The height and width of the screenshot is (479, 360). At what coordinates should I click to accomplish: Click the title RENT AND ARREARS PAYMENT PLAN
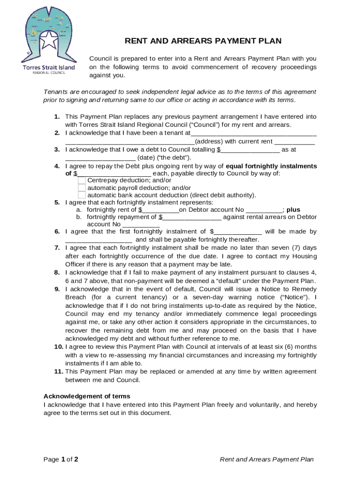(203, 41)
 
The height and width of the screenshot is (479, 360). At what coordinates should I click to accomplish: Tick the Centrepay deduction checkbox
(82, 181)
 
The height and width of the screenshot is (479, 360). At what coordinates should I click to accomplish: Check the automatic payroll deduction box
(82, 188)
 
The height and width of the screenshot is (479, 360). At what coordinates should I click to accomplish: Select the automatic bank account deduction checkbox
(82, 196)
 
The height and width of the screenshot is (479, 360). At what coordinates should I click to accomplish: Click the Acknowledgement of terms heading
(87, 396)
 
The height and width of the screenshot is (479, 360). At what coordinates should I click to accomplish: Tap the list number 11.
(58, 371)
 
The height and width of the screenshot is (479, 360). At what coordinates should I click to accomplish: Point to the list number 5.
(57, 203)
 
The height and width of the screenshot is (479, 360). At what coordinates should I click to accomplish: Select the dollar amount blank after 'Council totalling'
(250, 150)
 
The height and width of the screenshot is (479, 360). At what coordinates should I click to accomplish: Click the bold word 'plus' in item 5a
(293, 210)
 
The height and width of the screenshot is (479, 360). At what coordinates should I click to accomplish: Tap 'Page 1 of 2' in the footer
(61, 459)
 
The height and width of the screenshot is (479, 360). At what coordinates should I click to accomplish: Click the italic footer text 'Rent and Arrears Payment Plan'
(266, 459)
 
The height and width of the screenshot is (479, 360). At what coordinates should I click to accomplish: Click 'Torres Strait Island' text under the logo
(49, 67)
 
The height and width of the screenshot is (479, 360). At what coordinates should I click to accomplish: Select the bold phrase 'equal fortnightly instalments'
(271, 166)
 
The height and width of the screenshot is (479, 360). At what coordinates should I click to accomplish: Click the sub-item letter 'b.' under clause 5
(79, 217)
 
